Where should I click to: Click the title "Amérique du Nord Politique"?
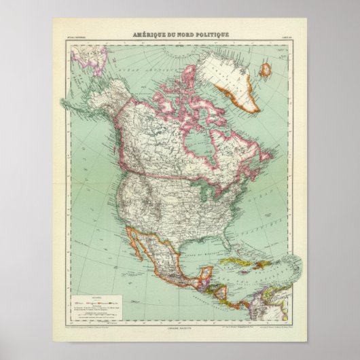click(180, 34)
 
